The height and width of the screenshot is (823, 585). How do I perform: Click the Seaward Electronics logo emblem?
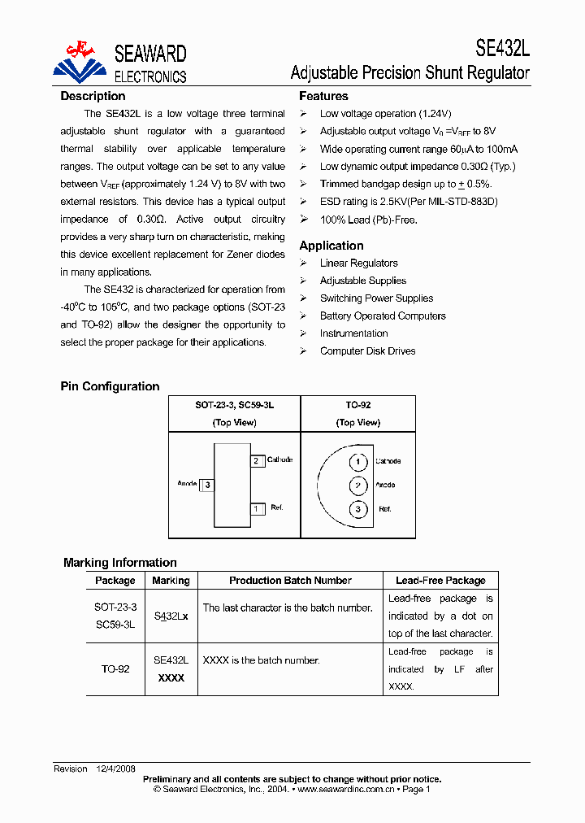[x=80, y=62]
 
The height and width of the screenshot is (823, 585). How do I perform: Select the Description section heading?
[x=93, y=96]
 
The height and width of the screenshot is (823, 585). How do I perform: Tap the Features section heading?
[x=323, y=96]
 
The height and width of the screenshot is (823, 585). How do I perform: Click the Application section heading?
[x=331, y=246]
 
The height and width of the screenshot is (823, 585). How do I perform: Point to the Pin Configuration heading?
[x=110, y=386]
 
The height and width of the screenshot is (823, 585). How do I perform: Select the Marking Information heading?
[x=119, y=563]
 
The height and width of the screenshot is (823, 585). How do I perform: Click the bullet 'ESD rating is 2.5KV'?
[x=408, y=202]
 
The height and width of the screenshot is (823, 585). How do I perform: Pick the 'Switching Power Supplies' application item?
[x=376, y=298]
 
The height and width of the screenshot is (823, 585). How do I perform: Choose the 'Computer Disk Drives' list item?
[x=367, y=351]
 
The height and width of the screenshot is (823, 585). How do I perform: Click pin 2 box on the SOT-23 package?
[x=257, y=461]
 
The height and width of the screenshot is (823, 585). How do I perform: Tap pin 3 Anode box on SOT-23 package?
[x=208, y=485]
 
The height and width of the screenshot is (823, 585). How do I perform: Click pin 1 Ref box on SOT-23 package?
[x=257, y=509]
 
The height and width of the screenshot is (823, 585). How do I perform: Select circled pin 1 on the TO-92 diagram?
[x=357, y=462]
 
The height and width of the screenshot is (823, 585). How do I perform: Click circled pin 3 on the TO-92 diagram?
[x=357, y=509]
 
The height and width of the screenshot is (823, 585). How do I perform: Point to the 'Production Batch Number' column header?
[x=290, y=581]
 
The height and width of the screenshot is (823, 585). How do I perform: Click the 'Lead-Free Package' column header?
[x=440, y=581]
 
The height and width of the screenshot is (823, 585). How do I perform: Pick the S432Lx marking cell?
[x=171, y=616]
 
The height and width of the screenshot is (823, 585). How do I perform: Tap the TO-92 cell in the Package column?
[x=115, y=669]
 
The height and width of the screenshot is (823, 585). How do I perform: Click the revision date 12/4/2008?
[x=117, y=769]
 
